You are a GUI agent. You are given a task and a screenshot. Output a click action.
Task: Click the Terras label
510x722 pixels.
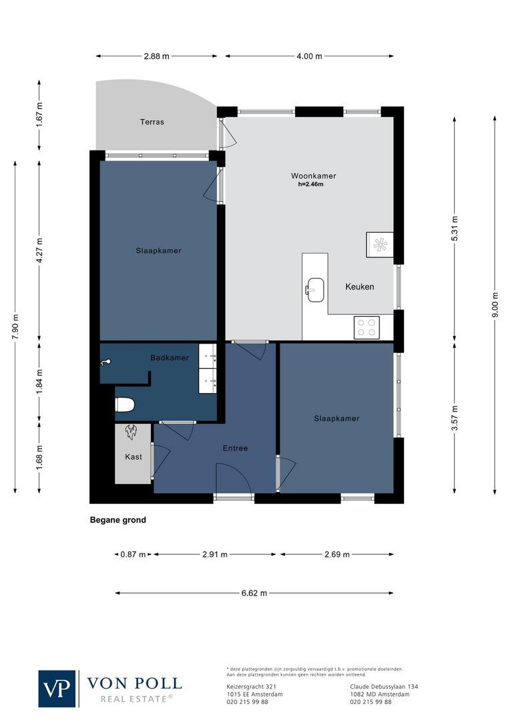[152, 122]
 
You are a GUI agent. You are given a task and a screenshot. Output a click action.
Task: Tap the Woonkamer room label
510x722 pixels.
[313, 176]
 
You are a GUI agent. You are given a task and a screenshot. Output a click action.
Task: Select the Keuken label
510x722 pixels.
[359, 287]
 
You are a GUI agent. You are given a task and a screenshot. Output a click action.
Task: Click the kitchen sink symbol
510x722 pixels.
[315, 289]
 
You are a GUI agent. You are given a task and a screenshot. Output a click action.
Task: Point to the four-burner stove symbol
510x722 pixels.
[366, 327]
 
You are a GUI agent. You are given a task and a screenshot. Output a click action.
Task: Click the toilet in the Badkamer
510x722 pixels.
[125, 404]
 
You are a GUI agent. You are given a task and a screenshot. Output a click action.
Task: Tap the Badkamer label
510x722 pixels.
[169, 358]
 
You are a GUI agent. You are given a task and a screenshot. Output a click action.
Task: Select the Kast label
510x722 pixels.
[134, 457]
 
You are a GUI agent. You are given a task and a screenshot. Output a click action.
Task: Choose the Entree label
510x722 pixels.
[235, 448]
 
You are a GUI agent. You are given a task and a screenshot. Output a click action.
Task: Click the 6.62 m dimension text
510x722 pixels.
[254, 593]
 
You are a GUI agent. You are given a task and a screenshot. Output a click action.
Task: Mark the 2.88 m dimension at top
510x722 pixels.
[156, 56]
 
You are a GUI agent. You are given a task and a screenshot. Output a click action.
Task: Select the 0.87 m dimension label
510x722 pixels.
[133, 554]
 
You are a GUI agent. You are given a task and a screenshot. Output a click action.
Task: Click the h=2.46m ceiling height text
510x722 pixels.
[310, 185]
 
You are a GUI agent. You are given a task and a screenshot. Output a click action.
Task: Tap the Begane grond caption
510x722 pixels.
[117, 520]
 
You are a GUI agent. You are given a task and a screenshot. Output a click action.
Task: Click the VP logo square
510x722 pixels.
[57, 689]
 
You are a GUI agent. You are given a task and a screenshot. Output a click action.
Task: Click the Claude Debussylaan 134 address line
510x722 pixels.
[384, 687]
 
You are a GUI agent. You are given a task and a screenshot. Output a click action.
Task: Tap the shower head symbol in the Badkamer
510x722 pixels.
[105, 362]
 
